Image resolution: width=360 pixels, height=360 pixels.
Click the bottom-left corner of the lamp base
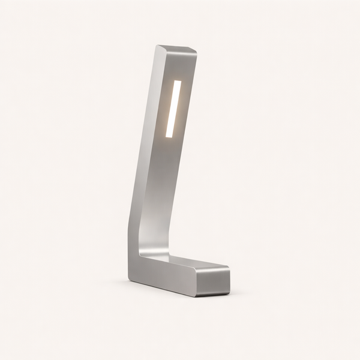[x=129, y=278]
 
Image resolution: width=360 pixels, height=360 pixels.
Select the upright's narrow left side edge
[x=144, y=150]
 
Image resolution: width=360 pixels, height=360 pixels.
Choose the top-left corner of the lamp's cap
[x=158, y=46]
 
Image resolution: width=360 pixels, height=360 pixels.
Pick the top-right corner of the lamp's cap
[x=196, y=52]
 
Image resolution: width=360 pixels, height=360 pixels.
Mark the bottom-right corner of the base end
[x=229, y=293]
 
